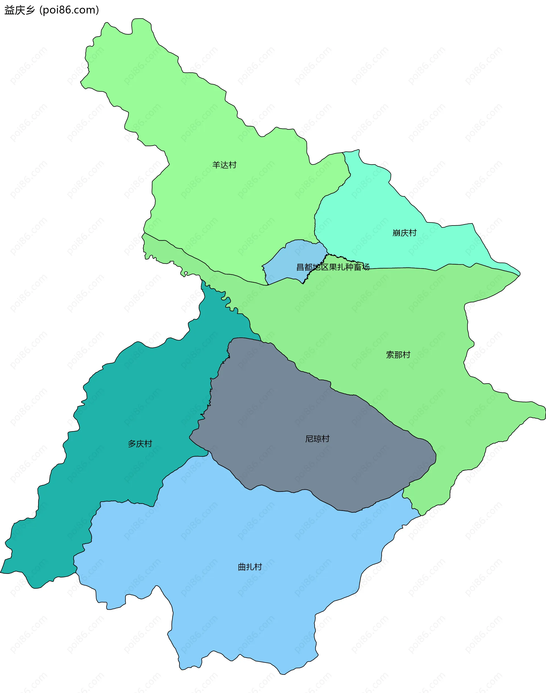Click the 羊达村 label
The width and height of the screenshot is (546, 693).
pos(224,165)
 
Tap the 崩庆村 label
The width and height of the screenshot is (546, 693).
pos(404,233)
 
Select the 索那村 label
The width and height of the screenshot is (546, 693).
pos(398,355)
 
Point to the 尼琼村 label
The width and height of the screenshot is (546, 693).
pos(317,439)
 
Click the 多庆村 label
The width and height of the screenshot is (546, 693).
pos(140,444)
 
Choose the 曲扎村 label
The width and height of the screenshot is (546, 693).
pos(250,567)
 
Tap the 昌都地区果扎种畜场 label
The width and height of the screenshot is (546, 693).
pos(333,267)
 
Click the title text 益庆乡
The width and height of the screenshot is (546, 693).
pos(19,10)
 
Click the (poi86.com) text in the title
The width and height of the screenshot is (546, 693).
pos(69,10)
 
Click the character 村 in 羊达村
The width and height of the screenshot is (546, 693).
pos(232,165)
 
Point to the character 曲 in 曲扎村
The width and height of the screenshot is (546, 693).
pos(242,567)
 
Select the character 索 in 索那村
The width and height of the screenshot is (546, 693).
pos(390,355)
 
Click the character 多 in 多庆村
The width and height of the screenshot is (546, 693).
pos(132,444)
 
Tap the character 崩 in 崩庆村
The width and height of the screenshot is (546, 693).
pos(396,233)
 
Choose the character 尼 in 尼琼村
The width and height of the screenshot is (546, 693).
pos(309,439)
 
